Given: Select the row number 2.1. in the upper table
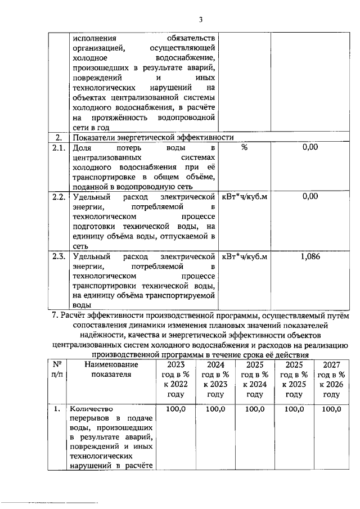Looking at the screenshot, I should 56,147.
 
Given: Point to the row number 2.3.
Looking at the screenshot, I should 56,256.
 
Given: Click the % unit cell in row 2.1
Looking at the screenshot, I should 244,147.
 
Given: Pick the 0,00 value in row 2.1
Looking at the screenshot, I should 309,147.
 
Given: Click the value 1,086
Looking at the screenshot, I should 309,256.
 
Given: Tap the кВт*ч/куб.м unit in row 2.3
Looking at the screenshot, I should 244,256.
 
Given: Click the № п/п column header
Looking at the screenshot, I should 56,370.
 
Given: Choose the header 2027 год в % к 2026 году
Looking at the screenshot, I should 330,380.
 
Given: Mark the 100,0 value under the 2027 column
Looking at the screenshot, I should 330,409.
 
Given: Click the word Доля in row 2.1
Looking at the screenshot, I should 82,147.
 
